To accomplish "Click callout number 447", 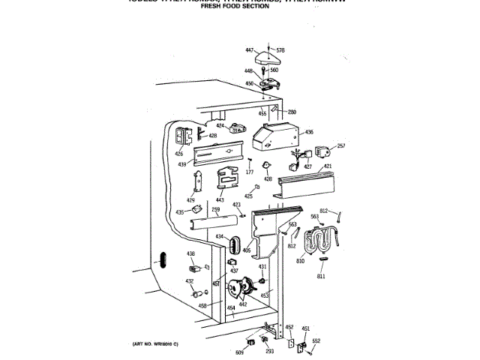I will [250, 49].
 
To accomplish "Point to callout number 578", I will [280, 50].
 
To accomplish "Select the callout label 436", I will [309, 132].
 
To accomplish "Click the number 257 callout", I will [341, 145].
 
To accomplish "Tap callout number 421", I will [328, 166].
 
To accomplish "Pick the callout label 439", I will [182, 163].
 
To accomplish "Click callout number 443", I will [220, 199].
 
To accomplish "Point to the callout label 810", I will [300, 260].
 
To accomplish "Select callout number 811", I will [321, 277].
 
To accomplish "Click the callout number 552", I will [316, 340].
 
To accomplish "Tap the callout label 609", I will [240, 352].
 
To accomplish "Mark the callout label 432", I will [190, 282].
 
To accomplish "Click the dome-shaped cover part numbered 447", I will [266, 58].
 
